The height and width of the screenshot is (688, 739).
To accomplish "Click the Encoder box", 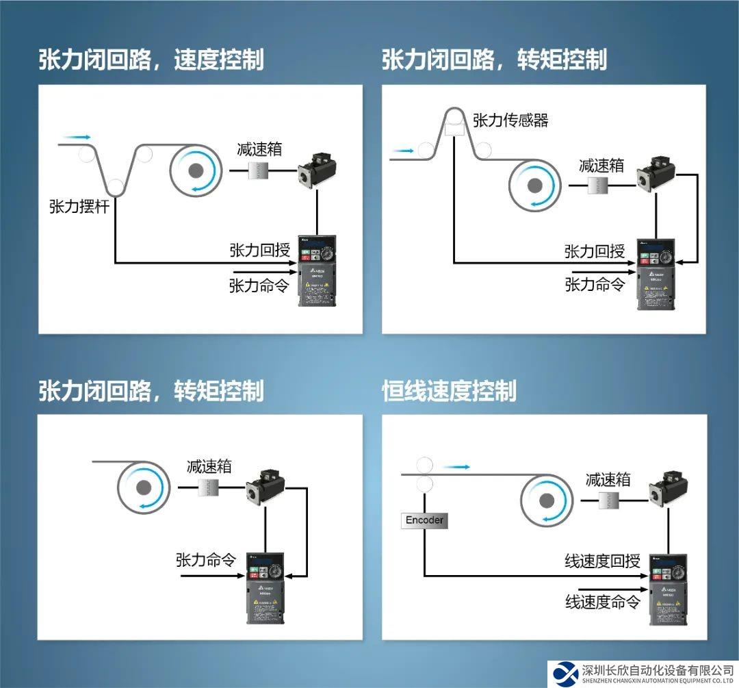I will [424, 520].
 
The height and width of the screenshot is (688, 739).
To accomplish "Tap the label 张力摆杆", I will [79, 207].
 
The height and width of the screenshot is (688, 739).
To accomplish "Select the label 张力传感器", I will [510, 121].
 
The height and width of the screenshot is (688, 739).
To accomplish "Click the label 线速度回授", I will [602, 561].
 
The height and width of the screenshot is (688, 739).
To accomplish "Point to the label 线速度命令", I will [602, 602].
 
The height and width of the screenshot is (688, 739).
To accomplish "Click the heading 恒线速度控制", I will [449, 391].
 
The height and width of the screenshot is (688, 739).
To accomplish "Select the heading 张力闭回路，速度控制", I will [151, 60].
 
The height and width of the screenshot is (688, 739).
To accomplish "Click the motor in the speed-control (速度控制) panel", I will [316, 167].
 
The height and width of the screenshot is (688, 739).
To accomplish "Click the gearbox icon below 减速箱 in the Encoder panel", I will [608, 501].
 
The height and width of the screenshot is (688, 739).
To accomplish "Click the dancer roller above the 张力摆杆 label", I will [116, 186].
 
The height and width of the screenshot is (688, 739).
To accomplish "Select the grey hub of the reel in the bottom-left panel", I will [144, 488].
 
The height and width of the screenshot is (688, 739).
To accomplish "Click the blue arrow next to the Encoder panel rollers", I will [456, 467].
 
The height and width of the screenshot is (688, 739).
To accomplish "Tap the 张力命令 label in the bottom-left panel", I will [206, 560].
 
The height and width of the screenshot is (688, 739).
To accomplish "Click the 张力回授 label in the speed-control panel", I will [259, 250].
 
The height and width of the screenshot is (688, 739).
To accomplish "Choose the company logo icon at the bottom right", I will [565, 674].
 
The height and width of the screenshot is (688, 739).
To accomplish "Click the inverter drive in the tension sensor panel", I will [656, 274].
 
